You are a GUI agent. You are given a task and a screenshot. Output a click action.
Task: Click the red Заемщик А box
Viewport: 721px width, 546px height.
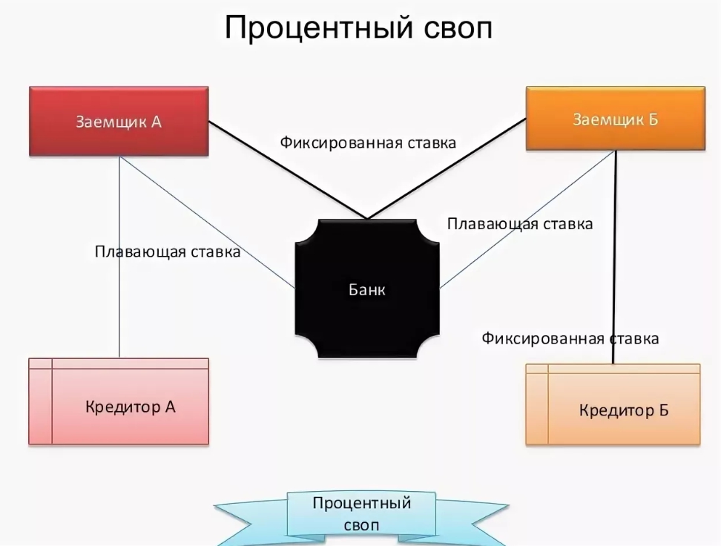[119, 122]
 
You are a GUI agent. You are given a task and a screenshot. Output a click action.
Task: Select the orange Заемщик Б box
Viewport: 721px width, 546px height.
[615, 118]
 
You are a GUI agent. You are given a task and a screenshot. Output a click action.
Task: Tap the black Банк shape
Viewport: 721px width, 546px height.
[367, 289]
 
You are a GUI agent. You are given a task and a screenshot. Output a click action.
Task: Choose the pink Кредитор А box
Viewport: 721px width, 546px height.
[119, 401]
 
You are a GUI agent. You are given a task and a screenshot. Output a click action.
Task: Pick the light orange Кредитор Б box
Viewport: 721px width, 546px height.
[613, 404]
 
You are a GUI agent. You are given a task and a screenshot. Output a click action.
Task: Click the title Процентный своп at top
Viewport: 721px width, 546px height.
[358, 27]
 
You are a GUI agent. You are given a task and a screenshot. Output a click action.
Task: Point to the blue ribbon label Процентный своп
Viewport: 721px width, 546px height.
[361, 514]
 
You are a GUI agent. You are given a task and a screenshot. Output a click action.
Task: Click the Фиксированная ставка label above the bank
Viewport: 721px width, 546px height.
[368, 142]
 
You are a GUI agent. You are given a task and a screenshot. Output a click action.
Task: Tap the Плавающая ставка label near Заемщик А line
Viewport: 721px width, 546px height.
[168, 251]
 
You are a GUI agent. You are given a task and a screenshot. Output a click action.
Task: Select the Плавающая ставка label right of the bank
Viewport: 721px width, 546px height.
[520, 224]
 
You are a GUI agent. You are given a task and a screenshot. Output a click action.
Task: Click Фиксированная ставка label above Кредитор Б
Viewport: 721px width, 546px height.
[570, 338]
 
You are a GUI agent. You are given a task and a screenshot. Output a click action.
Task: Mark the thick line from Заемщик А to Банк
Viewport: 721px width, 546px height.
[288, 170]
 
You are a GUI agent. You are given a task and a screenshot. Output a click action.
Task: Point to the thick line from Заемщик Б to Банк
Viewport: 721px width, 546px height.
[447, 169]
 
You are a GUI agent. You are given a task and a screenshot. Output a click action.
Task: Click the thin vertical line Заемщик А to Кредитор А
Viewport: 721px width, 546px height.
[119, 257]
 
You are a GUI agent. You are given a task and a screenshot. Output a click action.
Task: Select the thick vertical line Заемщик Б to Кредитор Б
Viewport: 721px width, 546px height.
[615, 257]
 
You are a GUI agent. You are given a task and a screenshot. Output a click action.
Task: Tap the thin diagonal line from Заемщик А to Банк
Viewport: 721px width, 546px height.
[208, 223]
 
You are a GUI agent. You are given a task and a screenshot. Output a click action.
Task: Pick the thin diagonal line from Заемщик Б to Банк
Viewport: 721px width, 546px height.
[528, 220]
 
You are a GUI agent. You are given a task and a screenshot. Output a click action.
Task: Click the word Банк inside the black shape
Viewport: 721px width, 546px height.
[367, 289]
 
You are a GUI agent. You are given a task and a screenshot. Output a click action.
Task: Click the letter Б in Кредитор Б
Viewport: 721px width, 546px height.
[664, 409]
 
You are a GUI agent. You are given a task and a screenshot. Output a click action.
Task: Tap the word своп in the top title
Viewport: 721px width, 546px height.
[458, 28]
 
